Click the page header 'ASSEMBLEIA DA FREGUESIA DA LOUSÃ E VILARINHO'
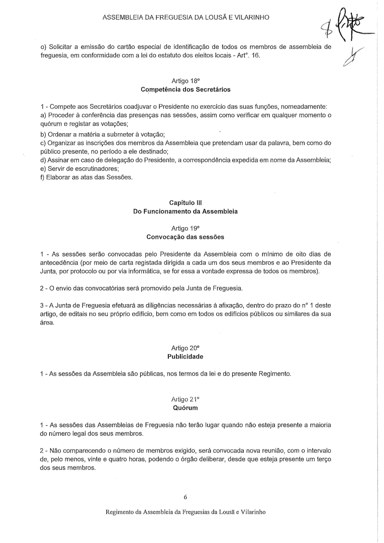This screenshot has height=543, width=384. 185,17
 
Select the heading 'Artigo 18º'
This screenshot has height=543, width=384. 185,80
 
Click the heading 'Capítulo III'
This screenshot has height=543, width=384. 185,203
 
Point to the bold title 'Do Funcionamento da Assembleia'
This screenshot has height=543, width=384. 185,212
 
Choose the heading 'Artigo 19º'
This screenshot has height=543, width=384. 185,228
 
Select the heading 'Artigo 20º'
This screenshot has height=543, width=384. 185,347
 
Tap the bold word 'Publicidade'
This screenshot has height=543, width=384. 185,356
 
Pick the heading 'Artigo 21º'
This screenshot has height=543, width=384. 185,401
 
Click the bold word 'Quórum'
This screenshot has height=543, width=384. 185,409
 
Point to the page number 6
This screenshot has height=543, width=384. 185,497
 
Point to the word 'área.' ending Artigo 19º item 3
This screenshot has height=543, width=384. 47,324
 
